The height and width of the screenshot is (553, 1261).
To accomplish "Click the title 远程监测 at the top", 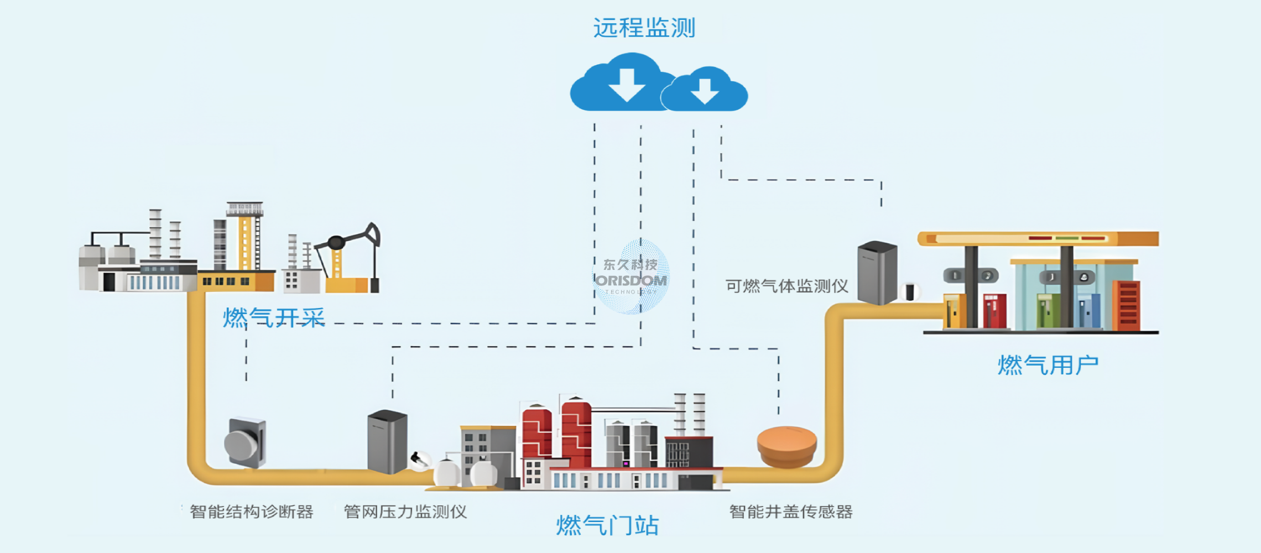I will pyautogui.click(x=644, y=28).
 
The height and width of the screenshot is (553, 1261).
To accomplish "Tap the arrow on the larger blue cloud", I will pyautogui.click(x=627, y=85).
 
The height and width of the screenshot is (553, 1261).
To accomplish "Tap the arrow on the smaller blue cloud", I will pyautogui.click(x=705, y=91).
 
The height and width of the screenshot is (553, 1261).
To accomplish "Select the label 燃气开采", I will pyautogui.click(x=274, y=318).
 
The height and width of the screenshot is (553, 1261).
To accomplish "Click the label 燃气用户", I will pyautogui.click(x=1048, y=366).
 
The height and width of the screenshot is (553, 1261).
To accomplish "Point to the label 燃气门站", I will pyautogui.click(x=607, y=525).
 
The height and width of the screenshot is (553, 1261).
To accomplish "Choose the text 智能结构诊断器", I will pyautogui.click(x=252, y=512).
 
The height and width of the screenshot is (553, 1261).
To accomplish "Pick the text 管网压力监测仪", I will pyautogui.click(x=405, y=512).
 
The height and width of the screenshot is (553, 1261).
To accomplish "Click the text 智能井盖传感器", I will pyautogui.click(x=791, y=512).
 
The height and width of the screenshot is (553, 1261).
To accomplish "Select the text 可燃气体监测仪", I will pyautogui.click(x=786, y=286).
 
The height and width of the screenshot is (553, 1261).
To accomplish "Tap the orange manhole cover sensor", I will pyautogui.click(x=786, y=445).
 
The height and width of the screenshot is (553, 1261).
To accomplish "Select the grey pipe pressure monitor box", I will pyautogui.click(x=387, y=441).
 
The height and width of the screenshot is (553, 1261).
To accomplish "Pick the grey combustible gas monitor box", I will pyautogui.click(x=877, y=272).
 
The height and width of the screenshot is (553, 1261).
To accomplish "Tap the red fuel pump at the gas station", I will pyautogui.click(x=994, y=311).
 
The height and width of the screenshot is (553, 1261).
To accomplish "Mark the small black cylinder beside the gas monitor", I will pyautogui.click(x=910, y=291).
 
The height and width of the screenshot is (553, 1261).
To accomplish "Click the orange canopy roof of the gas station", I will pyautogui.click(x=1038, y=238).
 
